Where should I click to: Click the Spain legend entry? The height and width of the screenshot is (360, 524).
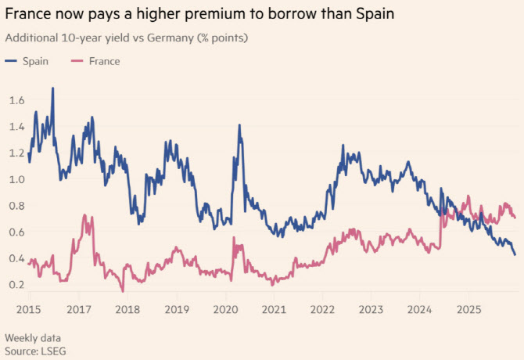33,61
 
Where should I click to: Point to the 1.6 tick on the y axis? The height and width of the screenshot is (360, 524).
17,100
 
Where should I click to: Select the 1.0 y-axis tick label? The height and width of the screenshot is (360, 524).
17,179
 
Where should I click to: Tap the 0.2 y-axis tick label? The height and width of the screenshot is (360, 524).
17,284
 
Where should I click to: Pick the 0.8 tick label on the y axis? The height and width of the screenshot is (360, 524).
17,206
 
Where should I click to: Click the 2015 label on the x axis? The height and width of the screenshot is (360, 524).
27,308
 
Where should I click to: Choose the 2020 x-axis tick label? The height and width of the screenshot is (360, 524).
225,308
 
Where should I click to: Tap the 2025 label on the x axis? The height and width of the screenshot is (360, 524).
468,308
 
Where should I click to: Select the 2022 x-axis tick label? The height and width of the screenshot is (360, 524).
322,308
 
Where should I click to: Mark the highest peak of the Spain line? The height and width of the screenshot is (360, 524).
53,88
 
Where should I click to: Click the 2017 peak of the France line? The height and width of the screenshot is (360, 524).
92,215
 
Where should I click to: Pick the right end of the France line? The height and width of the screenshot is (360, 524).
515,217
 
